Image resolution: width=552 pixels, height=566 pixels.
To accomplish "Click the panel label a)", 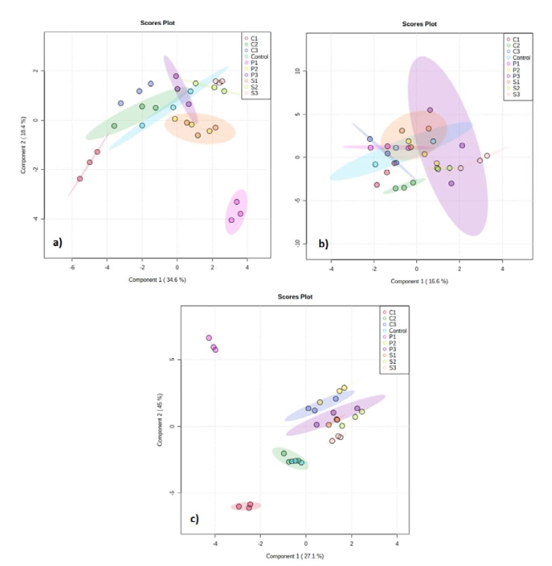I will pyautogui.click(x=57, y=243).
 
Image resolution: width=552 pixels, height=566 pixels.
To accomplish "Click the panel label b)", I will pyautogui.click(x=322, y=244).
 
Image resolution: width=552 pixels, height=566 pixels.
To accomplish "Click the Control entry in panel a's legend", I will pyautogui.click(x=259, y=56).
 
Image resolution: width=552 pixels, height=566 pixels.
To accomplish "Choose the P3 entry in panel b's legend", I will pyautogui.click(x=516, y=75).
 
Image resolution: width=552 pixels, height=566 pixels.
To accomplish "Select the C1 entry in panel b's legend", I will pyautogui.click(x=516, y=38).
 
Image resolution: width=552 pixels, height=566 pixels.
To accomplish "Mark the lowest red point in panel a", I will pyautogui.click(x=80, y=178).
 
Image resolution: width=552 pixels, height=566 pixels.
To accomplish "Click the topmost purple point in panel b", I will pyautogui.click(x=429, y=109).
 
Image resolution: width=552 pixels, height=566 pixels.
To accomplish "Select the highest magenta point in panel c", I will pyautogui.click(x=209, y=337).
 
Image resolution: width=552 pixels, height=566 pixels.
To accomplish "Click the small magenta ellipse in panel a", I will pyautogui.click(x=236, y=211).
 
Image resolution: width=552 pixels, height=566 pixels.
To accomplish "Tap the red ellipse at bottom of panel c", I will pyautogui.click(x=247, y=506).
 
